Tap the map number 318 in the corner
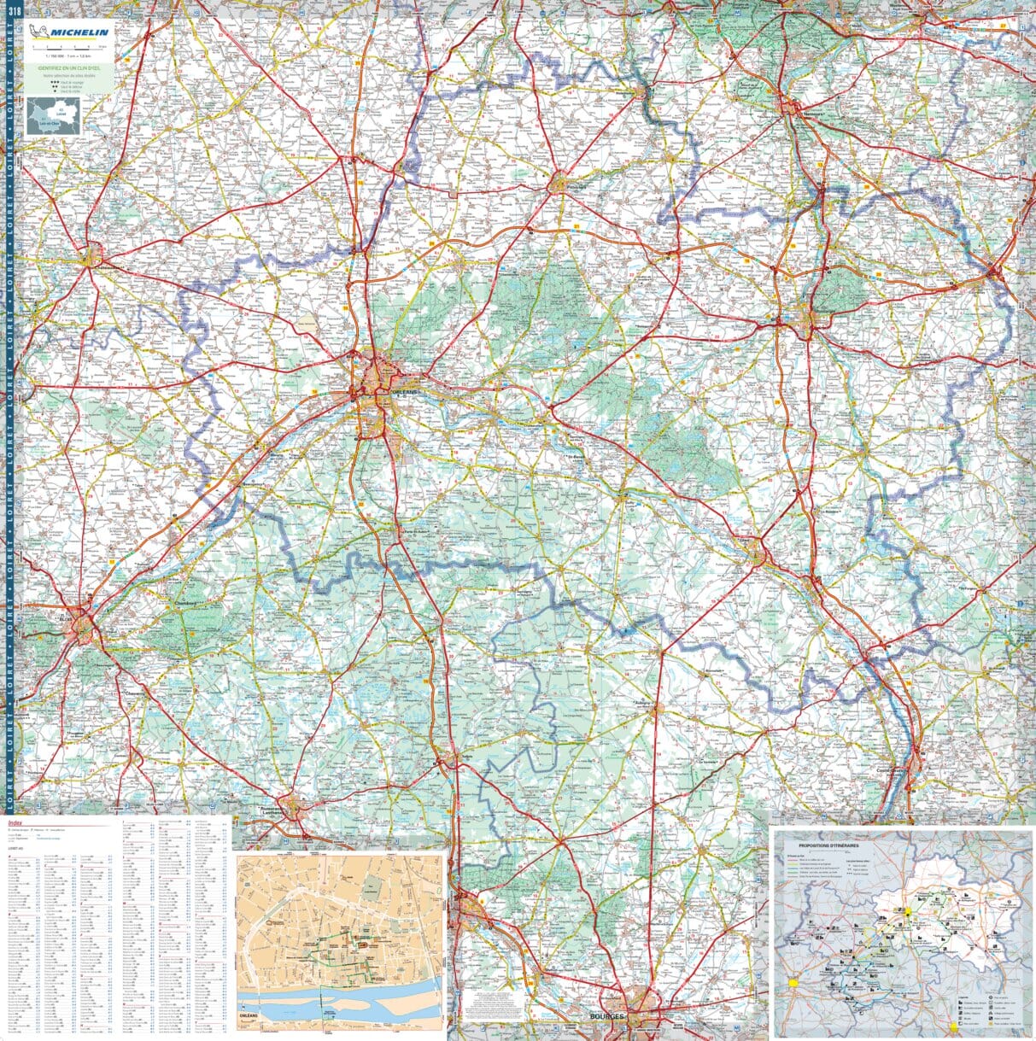[x=13, y=10]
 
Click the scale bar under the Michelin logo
[x=68, y=47]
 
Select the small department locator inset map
[x=53, y=116]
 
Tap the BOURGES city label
[x=607, y=1017]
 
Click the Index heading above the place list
[x=16, y=825]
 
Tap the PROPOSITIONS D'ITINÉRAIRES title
[x=829, y=845]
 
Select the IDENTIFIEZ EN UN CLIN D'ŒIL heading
[x=67, y=67]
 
